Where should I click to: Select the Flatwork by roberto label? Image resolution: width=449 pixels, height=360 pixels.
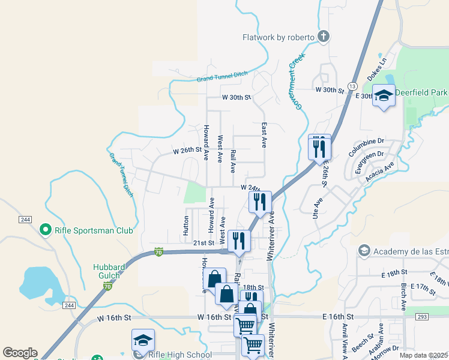[x=278, y=37]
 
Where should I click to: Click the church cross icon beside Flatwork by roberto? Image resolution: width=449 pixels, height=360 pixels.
[x=324, y=37]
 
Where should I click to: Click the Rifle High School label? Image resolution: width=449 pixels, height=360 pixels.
[x=179, y=354]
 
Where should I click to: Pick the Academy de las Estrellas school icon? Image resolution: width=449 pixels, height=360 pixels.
[x=363, y=250]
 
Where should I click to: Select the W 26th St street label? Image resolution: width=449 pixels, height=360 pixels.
[x=187, y=150]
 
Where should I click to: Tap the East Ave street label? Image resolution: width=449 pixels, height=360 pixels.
[x=264, y=136]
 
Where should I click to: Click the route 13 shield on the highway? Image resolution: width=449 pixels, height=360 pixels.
[x=353, y=79]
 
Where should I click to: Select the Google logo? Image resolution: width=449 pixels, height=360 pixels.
[x=20, y=352]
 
